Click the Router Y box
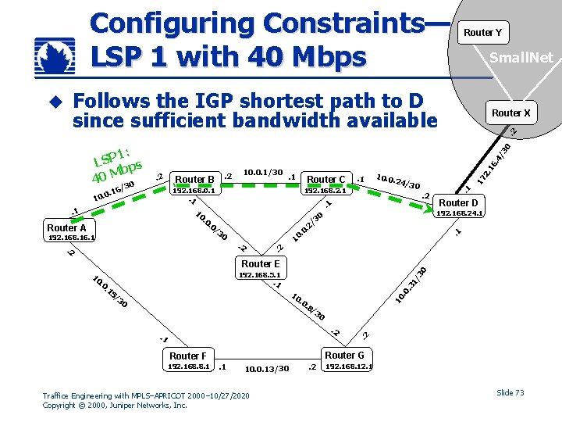point(482,32)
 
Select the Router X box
point(511,113)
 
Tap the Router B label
point(195,179)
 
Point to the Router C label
point(326,179)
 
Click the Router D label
point(458,203)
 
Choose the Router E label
point(261,264)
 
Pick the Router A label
point(67,227)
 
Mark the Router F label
point(188,356)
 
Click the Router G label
point(344,355)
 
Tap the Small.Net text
point(521,57)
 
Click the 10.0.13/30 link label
point(267,369)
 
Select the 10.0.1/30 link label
point(263,172)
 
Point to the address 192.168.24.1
point(461,213)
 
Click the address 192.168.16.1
point(72,237)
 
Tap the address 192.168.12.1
point(349,366)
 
